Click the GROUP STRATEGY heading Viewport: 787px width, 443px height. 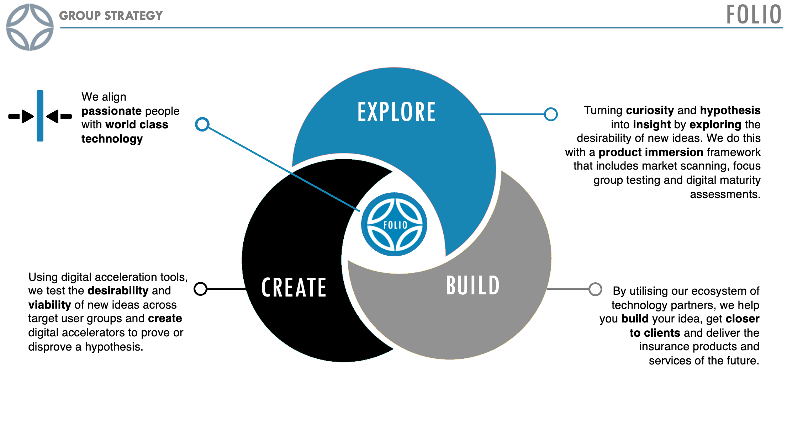click(111, 16)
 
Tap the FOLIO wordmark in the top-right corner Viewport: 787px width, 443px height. click(753, 15)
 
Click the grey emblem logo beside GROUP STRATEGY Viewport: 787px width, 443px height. click(30, 27)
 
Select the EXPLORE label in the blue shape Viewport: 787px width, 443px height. click(396, 112)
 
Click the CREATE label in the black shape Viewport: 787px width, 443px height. click(294, 287)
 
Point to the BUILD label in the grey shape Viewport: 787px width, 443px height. click(473, 285)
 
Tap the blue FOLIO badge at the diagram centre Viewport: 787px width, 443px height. click(394, 224)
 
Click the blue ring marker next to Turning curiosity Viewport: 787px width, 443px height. click(551, 114)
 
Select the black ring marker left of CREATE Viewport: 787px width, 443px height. click(201, 289)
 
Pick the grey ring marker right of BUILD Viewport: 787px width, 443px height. click(595, 289)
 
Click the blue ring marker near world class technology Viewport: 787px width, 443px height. click(202, 124)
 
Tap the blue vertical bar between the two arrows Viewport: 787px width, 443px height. click(40, 116)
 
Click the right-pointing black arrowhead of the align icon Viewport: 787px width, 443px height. click(27, 116)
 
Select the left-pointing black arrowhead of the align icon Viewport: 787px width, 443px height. click(53, 116)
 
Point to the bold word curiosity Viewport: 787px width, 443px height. click(650, 110)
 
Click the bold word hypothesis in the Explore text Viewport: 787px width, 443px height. click(730, 110)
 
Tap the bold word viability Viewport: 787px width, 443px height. click(50, 305)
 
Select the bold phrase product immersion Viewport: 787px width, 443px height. click(651, 152)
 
